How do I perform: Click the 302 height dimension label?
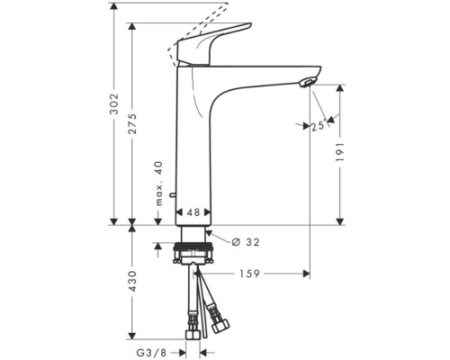coord(114,104)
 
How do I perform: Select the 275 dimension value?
coord(132,123)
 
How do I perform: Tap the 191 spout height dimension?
coord(340,152)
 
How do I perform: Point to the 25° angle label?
coord(319,125)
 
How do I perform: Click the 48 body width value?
coord(193,212)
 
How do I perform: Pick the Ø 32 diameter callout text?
coord(246,242)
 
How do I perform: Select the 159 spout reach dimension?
coord(249,274)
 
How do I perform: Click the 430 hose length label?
coord(132,281)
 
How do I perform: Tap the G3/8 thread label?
coord(151,352)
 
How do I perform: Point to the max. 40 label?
coord(159,184)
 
